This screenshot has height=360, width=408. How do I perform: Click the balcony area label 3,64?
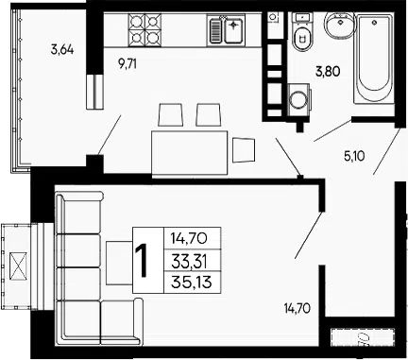tap(62, 50)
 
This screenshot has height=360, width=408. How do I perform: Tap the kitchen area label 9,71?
tap(127, 64)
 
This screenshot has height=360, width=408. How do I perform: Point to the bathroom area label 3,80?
tap(328, 72)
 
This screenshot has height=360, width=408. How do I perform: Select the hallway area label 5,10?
tap(354, 156)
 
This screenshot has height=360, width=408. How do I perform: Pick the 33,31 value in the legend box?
tap(189, 261)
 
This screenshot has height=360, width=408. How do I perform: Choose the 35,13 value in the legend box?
tap(192, 283)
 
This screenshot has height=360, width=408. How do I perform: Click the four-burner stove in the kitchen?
tap(144, 30)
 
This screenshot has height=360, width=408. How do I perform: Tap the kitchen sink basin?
tap(233, 30)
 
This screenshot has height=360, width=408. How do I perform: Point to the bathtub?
tap(374, 59)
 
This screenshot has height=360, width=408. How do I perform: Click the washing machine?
tap(298, 100)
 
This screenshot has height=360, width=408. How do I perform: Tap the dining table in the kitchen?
tap(190, 152)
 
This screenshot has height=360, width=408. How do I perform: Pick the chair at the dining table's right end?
tap(243, 150)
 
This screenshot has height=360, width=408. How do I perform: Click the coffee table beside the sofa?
tap(119, 263)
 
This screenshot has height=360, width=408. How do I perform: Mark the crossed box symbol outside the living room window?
tap(19, 266)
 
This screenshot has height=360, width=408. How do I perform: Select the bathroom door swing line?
tap(332, 130)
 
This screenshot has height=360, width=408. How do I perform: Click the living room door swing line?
tap(309, 235)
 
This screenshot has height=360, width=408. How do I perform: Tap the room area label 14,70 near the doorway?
tap(297, 308)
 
